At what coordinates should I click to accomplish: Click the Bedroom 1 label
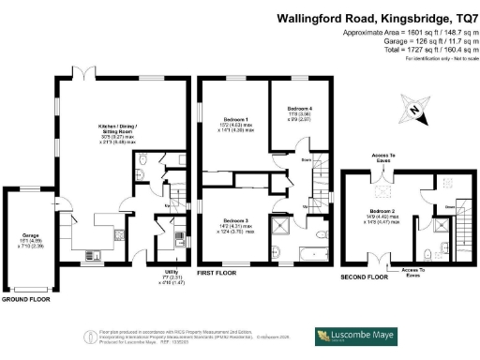click(x=234, y=119)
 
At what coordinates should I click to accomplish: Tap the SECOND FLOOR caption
click(x=363, y=277)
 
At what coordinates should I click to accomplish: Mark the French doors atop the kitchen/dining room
click(x=87, y=74)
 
